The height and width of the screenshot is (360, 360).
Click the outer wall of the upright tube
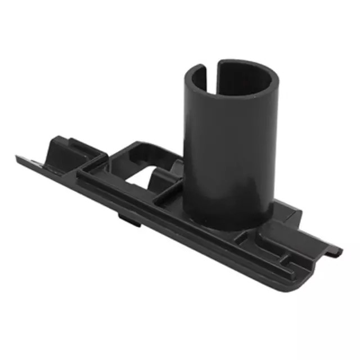[x=225, y=146]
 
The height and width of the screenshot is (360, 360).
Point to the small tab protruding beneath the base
[x=129, y=218]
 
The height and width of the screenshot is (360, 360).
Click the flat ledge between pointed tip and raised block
[x=37, y=160]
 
